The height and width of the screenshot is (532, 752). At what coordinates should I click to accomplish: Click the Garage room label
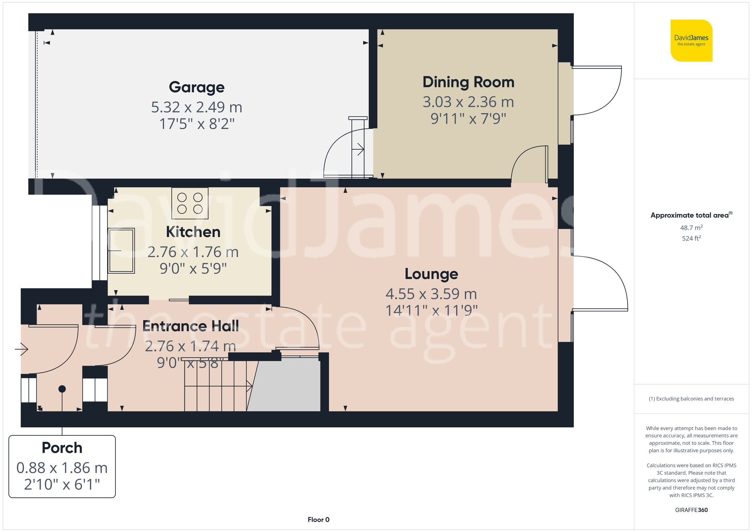tap(197, 87)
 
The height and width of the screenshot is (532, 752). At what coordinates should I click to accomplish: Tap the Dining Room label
tap(468, 82)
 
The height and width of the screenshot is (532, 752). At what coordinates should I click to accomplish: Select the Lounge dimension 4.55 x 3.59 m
tap(431, 294)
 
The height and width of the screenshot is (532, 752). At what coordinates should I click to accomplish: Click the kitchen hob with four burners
tap(190, 203)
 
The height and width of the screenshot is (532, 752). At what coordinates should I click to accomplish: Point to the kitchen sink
tap(121, 250)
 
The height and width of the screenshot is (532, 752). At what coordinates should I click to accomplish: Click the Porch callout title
tap(62, 448)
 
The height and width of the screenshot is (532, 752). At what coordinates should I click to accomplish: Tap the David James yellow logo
tap(691, 41)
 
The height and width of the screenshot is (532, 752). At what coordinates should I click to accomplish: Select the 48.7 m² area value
tap(691, 227)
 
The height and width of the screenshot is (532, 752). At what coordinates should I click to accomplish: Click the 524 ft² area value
tap(691, 238)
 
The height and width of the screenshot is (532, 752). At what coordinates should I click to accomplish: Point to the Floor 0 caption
tap(318, 520)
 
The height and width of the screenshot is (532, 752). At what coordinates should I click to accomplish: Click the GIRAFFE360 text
tap(691, 510)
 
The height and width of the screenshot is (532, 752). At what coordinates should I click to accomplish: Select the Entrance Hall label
tap(191, 326)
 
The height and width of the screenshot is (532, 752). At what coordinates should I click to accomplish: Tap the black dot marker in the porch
tap(62, 389)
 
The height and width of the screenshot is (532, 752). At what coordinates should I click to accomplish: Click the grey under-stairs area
tap(286, 385)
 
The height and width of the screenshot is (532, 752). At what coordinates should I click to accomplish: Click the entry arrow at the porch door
tap(22, 349)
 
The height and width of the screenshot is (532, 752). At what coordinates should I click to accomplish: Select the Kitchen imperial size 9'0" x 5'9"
tap(193, 268)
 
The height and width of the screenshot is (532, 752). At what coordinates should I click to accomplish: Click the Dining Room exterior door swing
tap(598, 90)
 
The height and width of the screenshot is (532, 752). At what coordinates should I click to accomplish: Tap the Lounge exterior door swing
tap(602, 282)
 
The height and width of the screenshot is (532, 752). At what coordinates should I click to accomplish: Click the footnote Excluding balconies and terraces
tap(691, 399)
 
